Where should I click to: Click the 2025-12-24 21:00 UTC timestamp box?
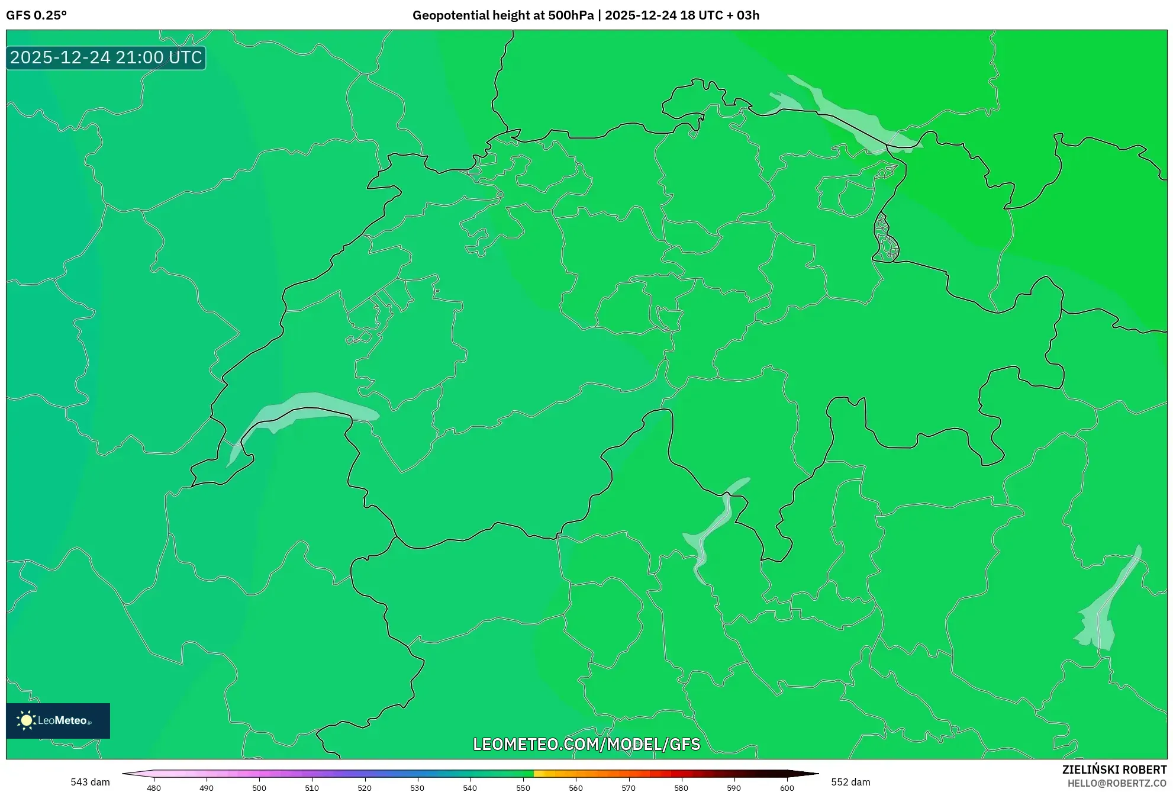[106, 57]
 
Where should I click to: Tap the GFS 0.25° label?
[36, 15]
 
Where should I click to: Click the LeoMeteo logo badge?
[58, 720]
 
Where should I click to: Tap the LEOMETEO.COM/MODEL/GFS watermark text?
[586, 744]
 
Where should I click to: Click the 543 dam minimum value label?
[90, 782]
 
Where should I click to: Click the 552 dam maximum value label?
[850, 782]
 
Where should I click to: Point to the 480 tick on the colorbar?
[154, 788]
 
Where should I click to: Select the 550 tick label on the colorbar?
[523, 788]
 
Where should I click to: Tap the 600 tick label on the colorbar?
[787, 788]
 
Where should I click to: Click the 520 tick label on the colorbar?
[365, 788]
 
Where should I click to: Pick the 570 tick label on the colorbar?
[629, 788]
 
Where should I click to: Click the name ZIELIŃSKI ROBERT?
[1114, 770]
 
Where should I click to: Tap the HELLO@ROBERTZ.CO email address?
[1117, 783]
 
